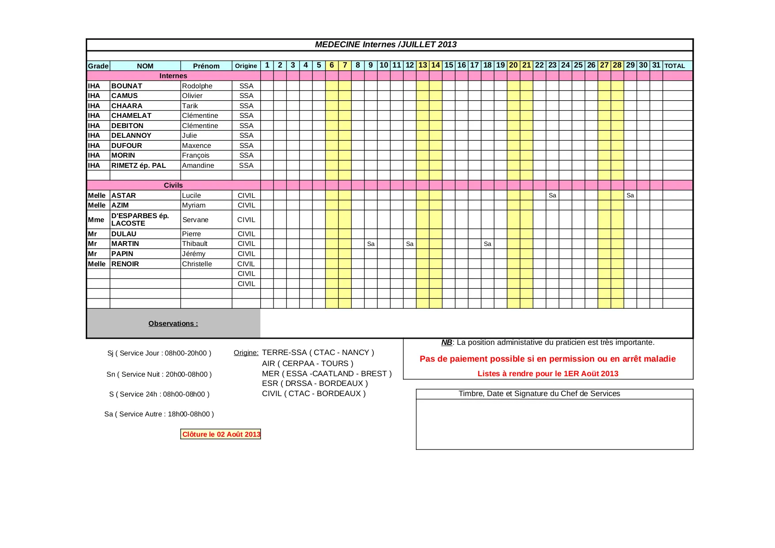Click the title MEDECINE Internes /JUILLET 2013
tap(385, 45)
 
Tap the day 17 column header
tap(474, 65)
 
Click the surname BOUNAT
tap(127, 86)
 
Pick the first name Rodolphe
tap(197, 86)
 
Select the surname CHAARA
tap(127, 106)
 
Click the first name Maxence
tap(196, 146)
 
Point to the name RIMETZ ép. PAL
tap(138, 166)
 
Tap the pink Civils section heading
tap(173, 185)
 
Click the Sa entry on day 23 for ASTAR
tap(552, 196)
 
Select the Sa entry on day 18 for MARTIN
tap(487, 244)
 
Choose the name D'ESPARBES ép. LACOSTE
tap(140, 219)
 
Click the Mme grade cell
tap(96, 220)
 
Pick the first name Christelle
tap(197, 264)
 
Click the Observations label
tap(173, 324)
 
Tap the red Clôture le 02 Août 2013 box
tap(221, 435)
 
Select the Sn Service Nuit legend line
tap(159, 374)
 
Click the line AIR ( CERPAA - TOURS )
tap(308, 363)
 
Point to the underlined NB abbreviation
tap(446, 343)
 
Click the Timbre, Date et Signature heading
tap(539, 394)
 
